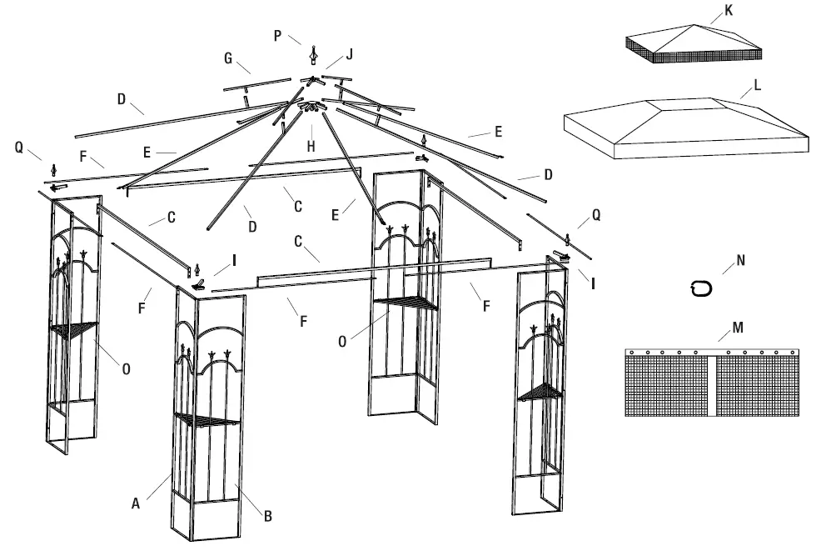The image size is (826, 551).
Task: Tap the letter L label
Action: (756, 86)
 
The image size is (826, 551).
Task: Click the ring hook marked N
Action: (701, 288)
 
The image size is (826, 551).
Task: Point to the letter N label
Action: (740, 260)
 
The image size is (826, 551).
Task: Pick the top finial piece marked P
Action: (313, 55)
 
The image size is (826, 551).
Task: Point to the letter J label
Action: (350, 54)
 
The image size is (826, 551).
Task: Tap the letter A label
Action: (135, 503)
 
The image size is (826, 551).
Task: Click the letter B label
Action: (267, 517)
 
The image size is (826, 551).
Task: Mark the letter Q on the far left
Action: (19, 147)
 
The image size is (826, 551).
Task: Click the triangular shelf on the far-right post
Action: (540, 392)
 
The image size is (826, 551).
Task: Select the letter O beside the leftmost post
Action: (126, 368)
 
